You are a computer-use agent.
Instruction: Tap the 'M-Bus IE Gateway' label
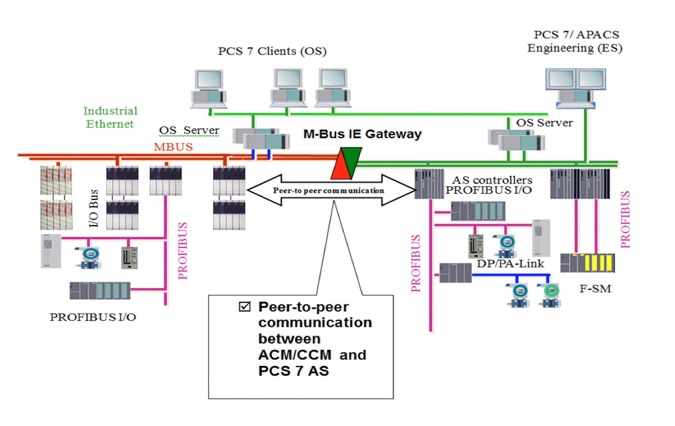[362, 135]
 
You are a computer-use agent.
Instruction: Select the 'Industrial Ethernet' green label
[110, 117]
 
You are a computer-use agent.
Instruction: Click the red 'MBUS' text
[173, 147]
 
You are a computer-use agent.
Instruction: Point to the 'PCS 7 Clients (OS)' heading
[272, 51]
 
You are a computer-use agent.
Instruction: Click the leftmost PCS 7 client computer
[208, 90]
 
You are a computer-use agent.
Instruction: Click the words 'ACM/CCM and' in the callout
[312, 355]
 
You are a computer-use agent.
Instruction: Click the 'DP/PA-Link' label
[511, 264]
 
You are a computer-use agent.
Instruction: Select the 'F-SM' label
[595, 288]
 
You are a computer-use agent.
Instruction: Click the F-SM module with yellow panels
[587, 263]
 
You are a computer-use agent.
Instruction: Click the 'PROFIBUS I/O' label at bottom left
[93, 317]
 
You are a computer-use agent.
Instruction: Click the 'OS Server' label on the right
[544, 123]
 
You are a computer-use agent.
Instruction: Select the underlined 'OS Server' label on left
[189, 130]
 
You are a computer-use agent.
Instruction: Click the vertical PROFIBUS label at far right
[625, 219]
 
